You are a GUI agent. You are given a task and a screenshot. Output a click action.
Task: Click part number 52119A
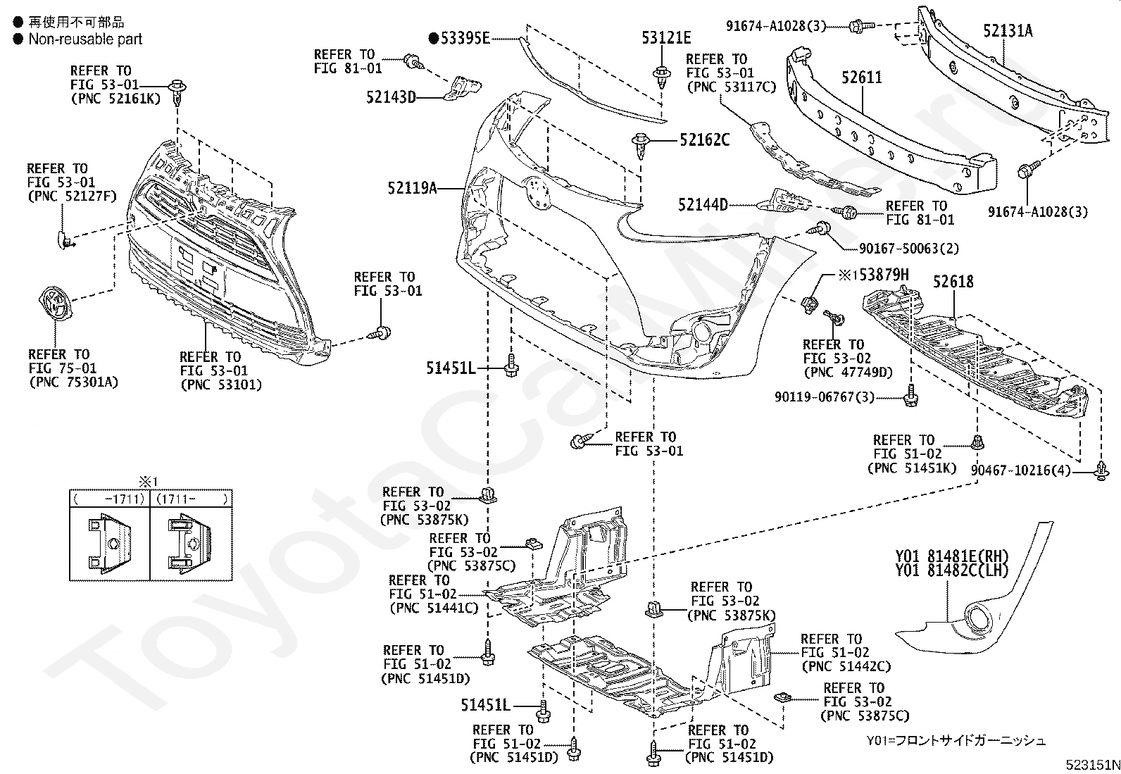point(412,188)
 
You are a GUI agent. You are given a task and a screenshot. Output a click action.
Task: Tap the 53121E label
point(666,38)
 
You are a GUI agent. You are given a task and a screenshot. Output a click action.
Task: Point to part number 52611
point(862,77)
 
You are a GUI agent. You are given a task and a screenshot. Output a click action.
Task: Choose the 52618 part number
point(953,282)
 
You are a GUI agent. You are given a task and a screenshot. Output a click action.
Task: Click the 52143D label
point(391,96)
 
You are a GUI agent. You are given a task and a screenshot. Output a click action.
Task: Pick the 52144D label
point(703,205)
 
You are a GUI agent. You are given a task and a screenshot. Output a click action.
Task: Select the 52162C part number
point(704,140)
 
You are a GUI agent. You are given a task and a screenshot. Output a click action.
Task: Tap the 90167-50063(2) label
point(908,249)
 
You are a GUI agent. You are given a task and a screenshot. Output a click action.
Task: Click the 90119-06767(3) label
point(825,398)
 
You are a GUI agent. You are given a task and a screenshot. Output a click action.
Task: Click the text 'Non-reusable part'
point(85,39)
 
